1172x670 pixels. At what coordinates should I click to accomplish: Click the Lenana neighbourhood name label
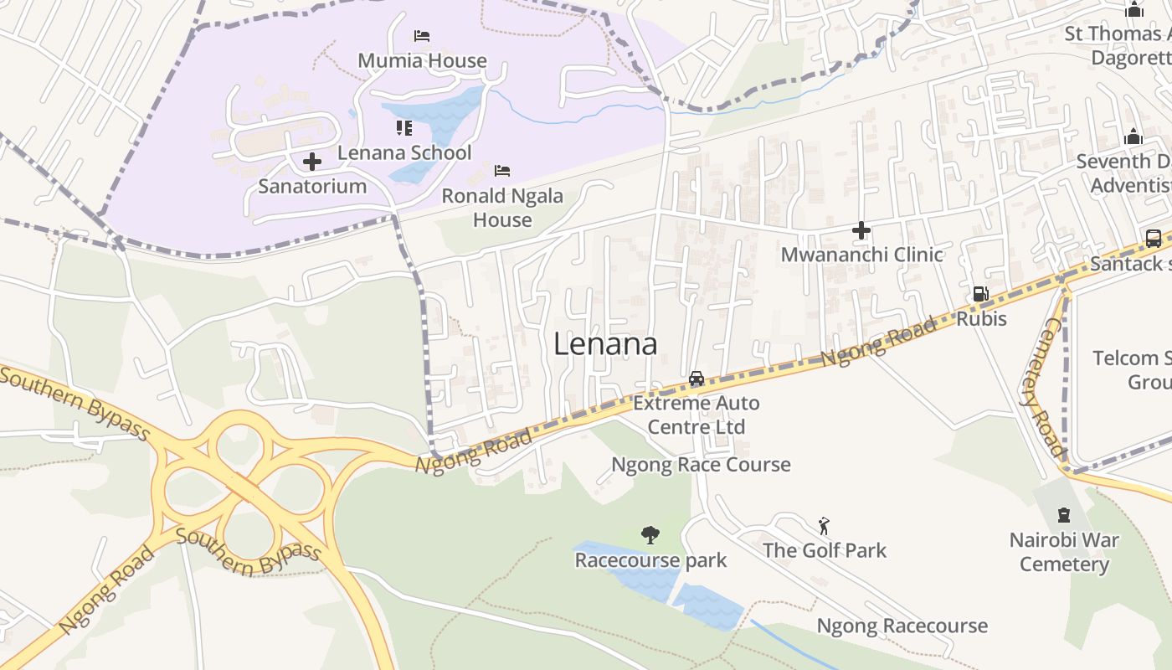(x=605, y=344)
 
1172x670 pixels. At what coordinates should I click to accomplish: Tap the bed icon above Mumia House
(x=422, y=36)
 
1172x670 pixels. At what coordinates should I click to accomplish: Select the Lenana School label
(x=404, y=152)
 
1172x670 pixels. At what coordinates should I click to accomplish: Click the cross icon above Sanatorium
(x=312, y=161)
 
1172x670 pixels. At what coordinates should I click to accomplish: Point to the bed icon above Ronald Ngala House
(x=502, y=171)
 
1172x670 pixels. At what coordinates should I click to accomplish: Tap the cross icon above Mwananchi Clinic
(x=861, y=230)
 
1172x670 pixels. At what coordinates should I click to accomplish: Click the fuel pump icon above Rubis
(x=980, y=294)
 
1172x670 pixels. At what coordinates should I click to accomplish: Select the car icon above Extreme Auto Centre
(x=697, y=379)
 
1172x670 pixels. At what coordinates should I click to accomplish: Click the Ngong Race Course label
(x=701, y=464)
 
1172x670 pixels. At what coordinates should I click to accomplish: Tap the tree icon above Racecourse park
(x=650, y=534)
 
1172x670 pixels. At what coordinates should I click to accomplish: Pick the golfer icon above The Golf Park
(x=824, y=526)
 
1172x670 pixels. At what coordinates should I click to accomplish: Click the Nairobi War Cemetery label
(x=1064, y=552)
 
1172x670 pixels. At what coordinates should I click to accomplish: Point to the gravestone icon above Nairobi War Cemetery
(x=1063, y=515)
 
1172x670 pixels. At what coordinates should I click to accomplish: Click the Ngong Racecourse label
(x=902, y=626)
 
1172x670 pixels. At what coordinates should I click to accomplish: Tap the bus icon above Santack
(x=1153, y=238)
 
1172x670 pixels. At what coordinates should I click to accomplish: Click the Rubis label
(x=981, y=319)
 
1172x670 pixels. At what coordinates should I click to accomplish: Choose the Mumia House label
(x=422, y=60)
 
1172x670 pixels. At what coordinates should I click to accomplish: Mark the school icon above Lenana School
(x=404, y=128)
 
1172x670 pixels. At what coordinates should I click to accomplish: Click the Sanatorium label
(x=312, y=186)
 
